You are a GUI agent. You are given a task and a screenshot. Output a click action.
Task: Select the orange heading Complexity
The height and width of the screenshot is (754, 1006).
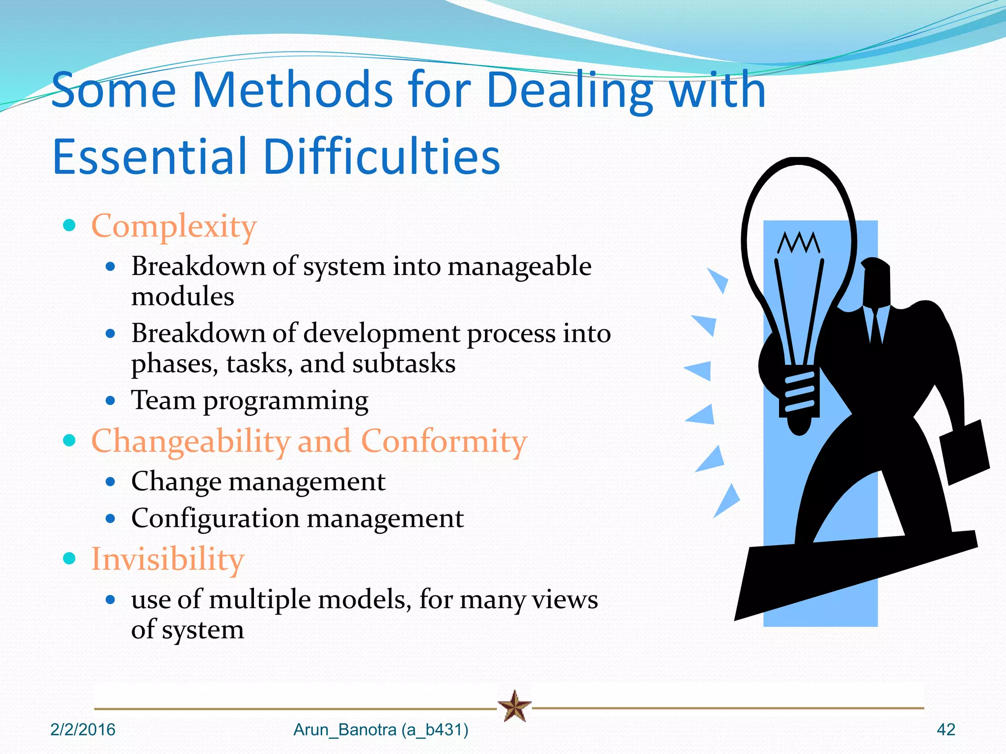pyautogui.click(x=174, y=226)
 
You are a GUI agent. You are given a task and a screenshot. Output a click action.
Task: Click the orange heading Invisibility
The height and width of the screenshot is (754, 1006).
pyautogui.click(x=168, y=559)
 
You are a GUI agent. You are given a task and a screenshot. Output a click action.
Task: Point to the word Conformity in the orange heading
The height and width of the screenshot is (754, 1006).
pyautogui.click(x=444, y=441)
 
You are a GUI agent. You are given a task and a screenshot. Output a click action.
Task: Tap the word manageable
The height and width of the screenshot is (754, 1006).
pyautogui.click(x=519, y=267)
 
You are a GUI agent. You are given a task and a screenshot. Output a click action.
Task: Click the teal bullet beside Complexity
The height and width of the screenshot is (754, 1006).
pyautogui.click(x=70, y=225)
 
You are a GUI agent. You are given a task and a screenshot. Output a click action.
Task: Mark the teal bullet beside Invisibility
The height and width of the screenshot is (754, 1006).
pyautogui.click(x=70, y=558)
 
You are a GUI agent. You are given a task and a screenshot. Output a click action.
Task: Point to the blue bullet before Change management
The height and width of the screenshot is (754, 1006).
pyautogui.click(x=111, y=482)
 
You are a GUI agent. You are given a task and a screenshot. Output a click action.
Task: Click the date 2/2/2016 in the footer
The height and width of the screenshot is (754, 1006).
pyautogui.click(x=83, y=729)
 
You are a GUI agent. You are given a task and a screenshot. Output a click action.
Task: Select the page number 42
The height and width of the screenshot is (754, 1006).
pyautogui.click(x=946, y=729)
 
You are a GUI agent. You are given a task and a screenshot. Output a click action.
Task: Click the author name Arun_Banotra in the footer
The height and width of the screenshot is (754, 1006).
pyautogui.click(x=345, y=730)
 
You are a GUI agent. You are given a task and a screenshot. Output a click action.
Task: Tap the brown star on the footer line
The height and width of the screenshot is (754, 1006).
pyautogui.click(x=514, y=706)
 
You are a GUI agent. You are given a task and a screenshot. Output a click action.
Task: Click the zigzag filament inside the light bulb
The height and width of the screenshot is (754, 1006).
pyautogui.click(x=799, y=242)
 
